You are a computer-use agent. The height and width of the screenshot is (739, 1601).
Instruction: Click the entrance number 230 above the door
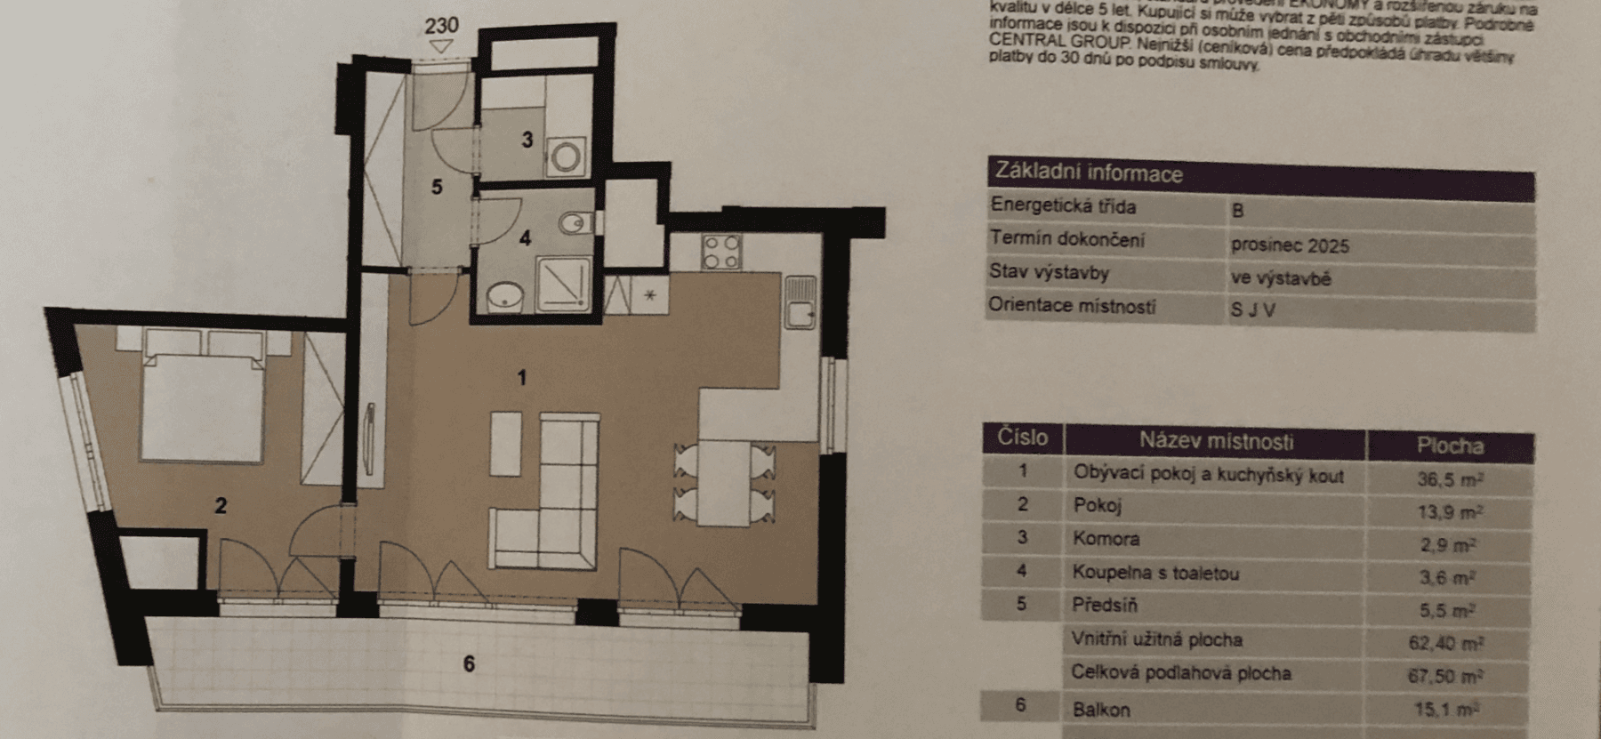click(441, 24)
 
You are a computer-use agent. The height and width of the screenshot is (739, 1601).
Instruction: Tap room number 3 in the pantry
click(527, 140)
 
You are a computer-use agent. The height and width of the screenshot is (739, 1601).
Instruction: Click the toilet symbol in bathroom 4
click(575, 221)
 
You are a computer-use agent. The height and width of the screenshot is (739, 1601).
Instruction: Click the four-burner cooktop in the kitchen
click(720, 251)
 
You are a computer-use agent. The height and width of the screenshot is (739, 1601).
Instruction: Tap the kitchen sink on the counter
click(800, 302)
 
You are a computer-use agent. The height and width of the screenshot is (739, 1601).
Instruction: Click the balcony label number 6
click(469, 663)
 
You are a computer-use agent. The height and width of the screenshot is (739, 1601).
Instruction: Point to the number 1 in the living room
click(522, 378)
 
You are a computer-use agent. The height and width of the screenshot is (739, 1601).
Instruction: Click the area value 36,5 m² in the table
click(1449, 479)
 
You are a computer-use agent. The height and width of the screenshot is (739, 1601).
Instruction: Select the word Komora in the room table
click(1106, 539)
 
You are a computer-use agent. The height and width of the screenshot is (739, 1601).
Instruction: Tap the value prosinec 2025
click(1290, 245)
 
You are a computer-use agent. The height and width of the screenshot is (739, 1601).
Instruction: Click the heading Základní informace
click(1089, 173)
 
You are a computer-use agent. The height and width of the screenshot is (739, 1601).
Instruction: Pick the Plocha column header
click(1450, 446)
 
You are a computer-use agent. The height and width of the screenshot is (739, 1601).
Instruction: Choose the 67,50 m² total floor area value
click(1444, 677)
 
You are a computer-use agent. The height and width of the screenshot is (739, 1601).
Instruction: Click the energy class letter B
click(1237, 212)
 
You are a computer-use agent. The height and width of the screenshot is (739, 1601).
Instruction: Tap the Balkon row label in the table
click(1101, 710)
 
